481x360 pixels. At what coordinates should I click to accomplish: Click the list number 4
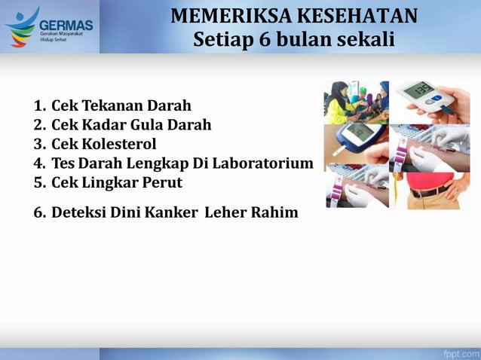pos(39,163)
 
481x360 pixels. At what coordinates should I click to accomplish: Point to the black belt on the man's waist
pos(430,191)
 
